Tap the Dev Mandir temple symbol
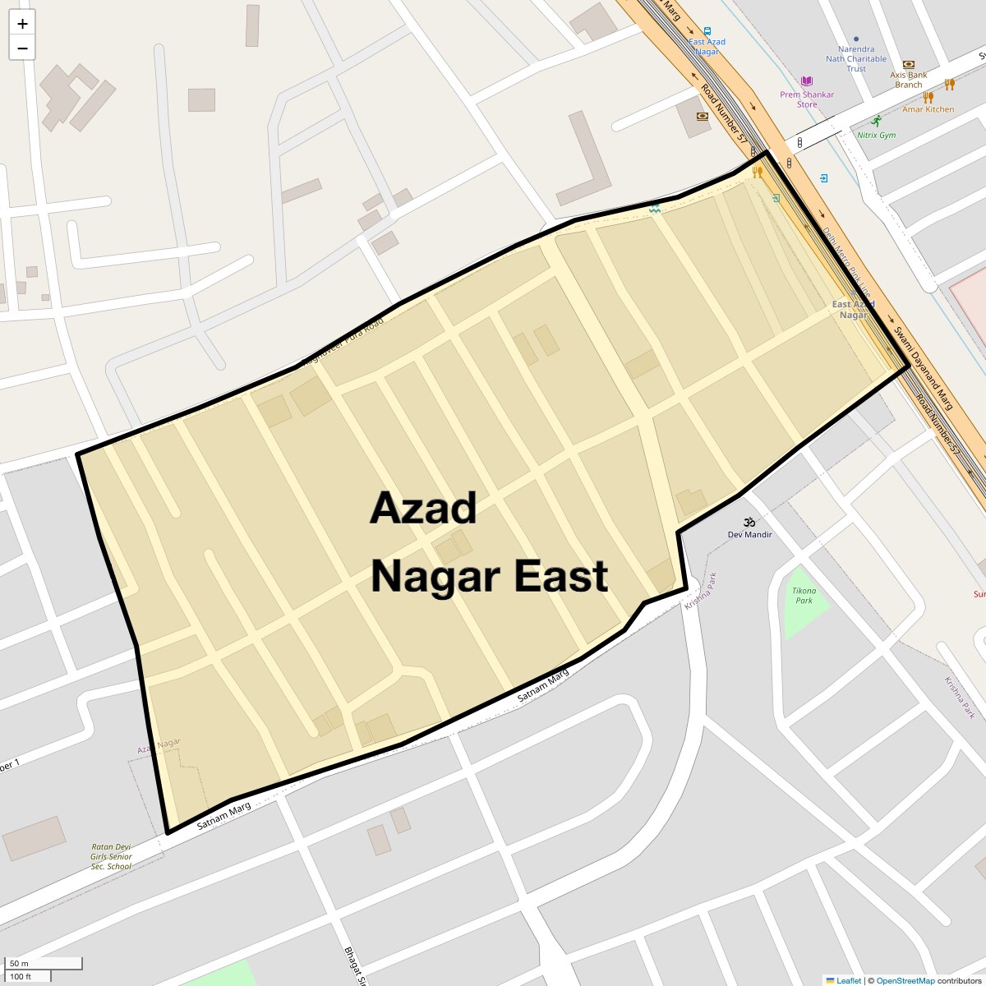749,522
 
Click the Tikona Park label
804,596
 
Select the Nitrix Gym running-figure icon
876,121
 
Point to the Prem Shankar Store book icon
807,81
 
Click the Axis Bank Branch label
909,80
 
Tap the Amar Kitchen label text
928,109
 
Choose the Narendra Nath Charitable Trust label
856,59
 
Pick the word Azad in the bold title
423,508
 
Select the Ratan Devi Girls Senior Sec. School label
111,856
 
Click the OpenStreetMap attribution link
905,980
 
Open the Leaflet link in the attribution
849,980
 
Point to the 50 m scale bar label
20,963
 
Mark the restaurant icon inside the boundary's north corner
758,172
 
